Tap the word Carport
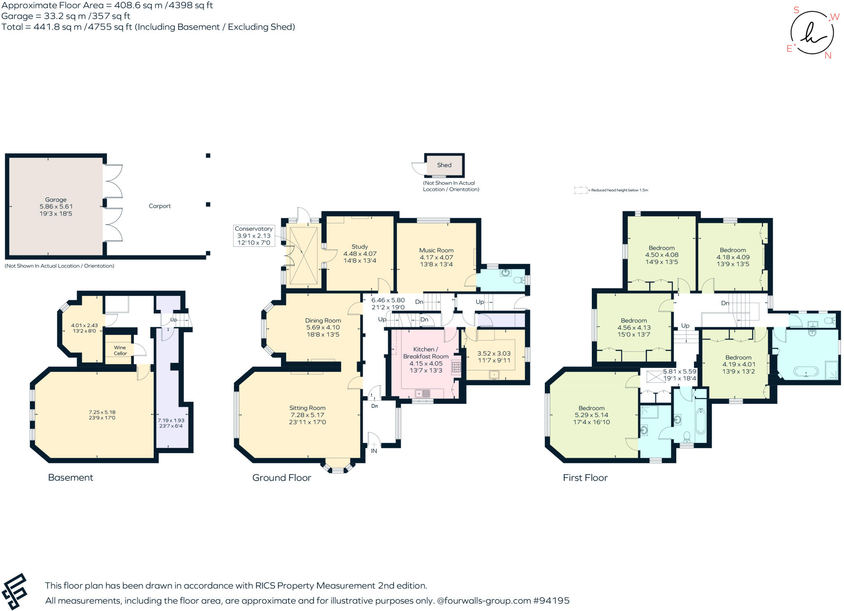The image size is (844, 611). tap(159, 206)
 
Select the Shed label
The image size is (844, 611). tap(444, 165)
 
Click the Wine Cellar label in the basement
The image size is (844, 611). tap(120, 350)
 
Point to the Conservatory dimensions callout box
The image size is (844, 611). tap(253, 236)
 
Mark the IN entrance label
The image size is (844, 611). tap(374, 451)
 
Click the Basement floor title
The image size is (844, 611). tap(70, 478)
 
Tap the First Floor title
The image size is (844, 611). tap(585, 478)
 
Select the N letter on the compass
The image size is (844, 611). tap(828, 56)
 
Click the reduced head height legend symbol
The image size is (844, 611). tap(580, 190)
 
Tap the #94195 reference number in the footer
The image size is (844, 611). tap(551, 601)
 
